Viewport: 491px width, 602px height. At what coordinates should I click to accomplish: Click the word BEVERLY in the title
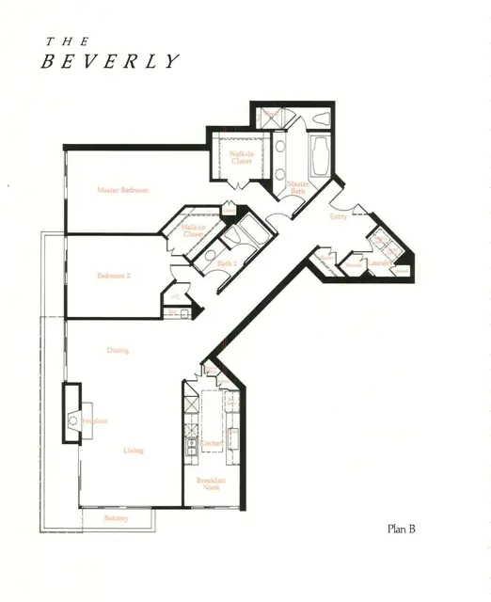[x=109, y=62]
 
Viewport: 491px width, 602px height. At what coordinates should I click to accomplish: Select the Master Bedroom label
[x=123, y=191]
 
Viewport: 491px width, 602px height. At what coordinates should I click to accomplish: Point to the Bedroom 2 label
[x=114, y=276]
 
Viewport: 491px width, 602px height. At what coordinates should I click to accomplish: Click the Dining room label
[x=118, y=351]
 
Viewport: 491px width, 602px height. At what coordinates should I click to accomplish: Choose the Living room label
[x=134, y=451]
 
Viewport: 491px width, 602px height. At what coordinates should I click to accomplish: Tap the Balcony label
[x=115, y=518]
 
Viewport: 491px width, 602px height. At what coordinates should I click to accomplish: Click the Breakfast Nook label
[x=211, y=483]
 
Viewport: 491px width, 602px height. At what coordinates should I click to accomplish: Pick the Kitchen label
[x=212, y=443]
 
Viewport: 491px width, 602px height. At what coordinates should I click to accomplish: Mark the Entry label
[x=339, y=217]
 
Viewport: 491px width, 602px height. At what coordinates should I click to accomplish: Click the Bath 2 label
[x=228, y=264]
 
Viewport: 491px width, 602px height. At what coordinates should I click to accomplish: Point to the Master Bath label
[x=298, y=187]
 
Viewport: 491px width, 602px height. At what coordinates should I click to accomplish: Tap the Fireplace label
[x=94, y=421]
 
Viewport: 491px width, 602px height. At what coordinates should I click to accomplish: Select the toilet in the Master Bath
[x=318, y=119]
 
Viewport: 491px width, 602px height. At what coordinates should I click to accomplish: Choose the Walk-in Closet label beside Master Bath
[x=241, y=157]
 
